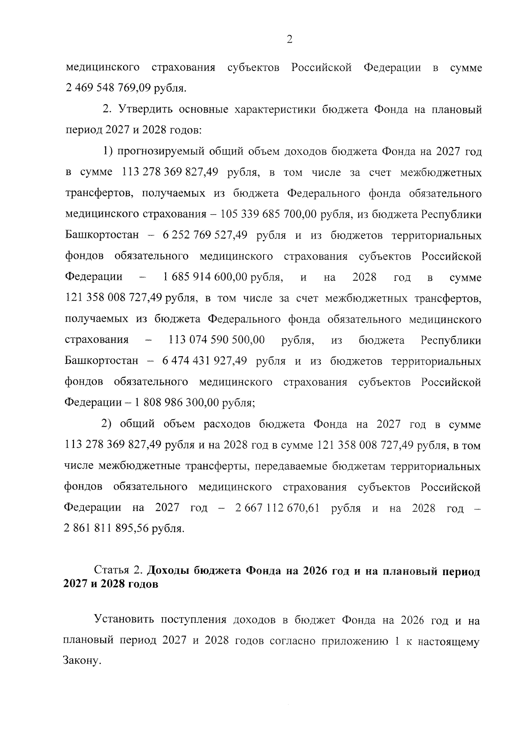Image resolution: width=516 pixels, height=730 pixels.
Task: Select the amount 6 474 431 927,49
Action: (x=204, y=361)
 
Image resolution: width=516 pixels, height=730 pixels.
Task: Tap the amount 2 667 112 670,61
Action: (x=277, y=508)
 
